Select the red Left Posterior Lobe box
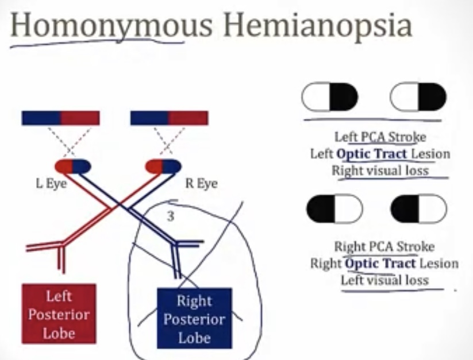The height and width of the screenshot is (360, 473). click(59, 314)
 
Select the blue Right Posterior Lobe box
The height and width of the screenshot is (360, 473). click(194, 319)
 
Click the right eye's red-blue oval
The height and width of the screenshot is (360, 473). click(163, 167)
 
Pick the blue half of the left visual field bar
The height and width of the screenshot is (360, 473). click(41, 118)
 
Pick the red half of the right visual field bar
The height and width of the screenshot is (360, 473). click(189, 118)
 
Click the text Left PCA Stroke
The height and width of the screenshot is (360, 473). click(380, 137)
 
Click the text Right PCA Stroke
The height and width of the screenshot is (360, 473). click(384, 247)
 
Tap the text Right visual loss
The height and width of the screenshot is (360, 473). click(380, 171)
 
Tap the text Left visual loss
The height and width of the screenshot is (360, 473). click(384, 280)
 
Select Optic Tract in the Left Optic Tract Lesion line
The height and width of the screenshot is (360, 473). click(372, 154)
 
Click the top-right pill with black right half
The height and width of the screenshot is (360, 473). click(418, 97)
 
